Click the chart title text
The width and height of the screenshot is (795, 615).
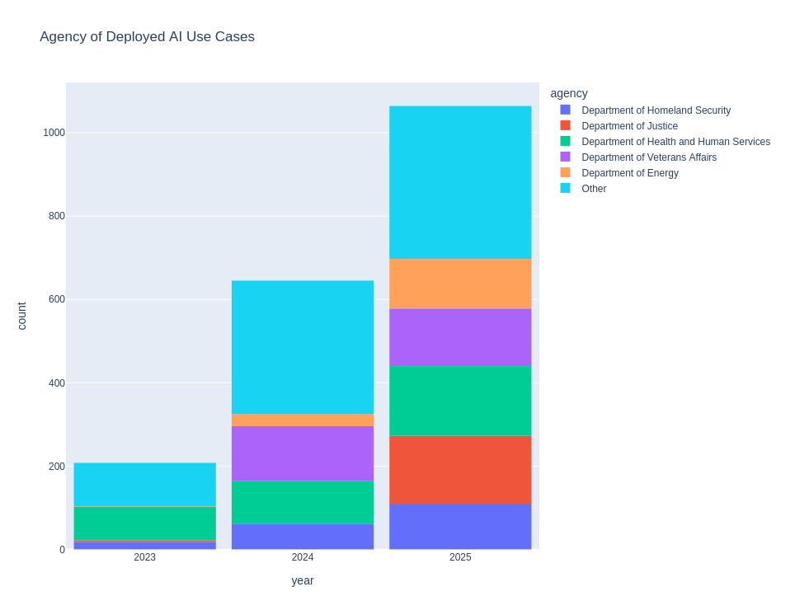point(147,37)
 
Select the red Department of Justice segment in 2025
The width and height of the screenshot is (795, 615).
point(460,470)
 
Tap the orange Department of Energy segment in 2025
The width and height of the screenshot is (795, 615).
point(460,284)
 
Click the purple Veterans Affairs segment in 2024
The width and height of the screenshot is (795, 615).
point(303,453)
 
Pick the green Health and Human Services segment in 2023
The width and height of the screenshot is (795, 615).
point(144,523)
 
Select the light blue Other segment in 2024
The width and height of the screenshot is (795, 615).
point(303,347)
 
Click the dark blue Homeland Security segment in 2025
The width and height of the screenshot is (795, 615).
point(460,527)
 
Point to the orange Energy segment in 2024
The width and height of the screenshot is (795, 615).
point(303,420)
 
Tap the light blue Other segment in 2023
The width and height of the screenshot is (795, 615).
point(144,485)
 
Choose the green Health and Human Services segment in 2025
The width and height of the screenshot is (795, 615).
point(460,401)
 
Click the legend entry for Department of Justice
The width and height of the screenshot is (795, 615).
point(629,126)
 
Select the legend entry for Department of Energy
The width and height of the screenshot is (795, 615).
point(629,173)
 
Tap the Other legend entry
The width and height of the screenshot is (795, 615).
point(594,189)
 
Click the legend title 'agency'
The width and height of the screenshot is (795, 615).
point(569,94)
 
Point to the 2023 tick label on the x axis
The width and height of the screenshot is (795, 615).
point(144,557)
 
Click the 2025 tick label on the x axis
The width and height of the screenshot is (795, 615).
point(460,557)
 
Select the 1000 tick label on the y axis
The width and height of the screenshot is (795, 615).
point(54,133)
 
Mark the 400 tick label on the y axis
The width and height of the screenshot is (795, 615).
point(56,383)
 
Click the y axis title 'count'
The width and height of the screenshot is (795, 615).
point(22,316)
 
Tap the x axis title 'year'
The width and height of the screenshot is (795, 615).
point(303,580)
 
